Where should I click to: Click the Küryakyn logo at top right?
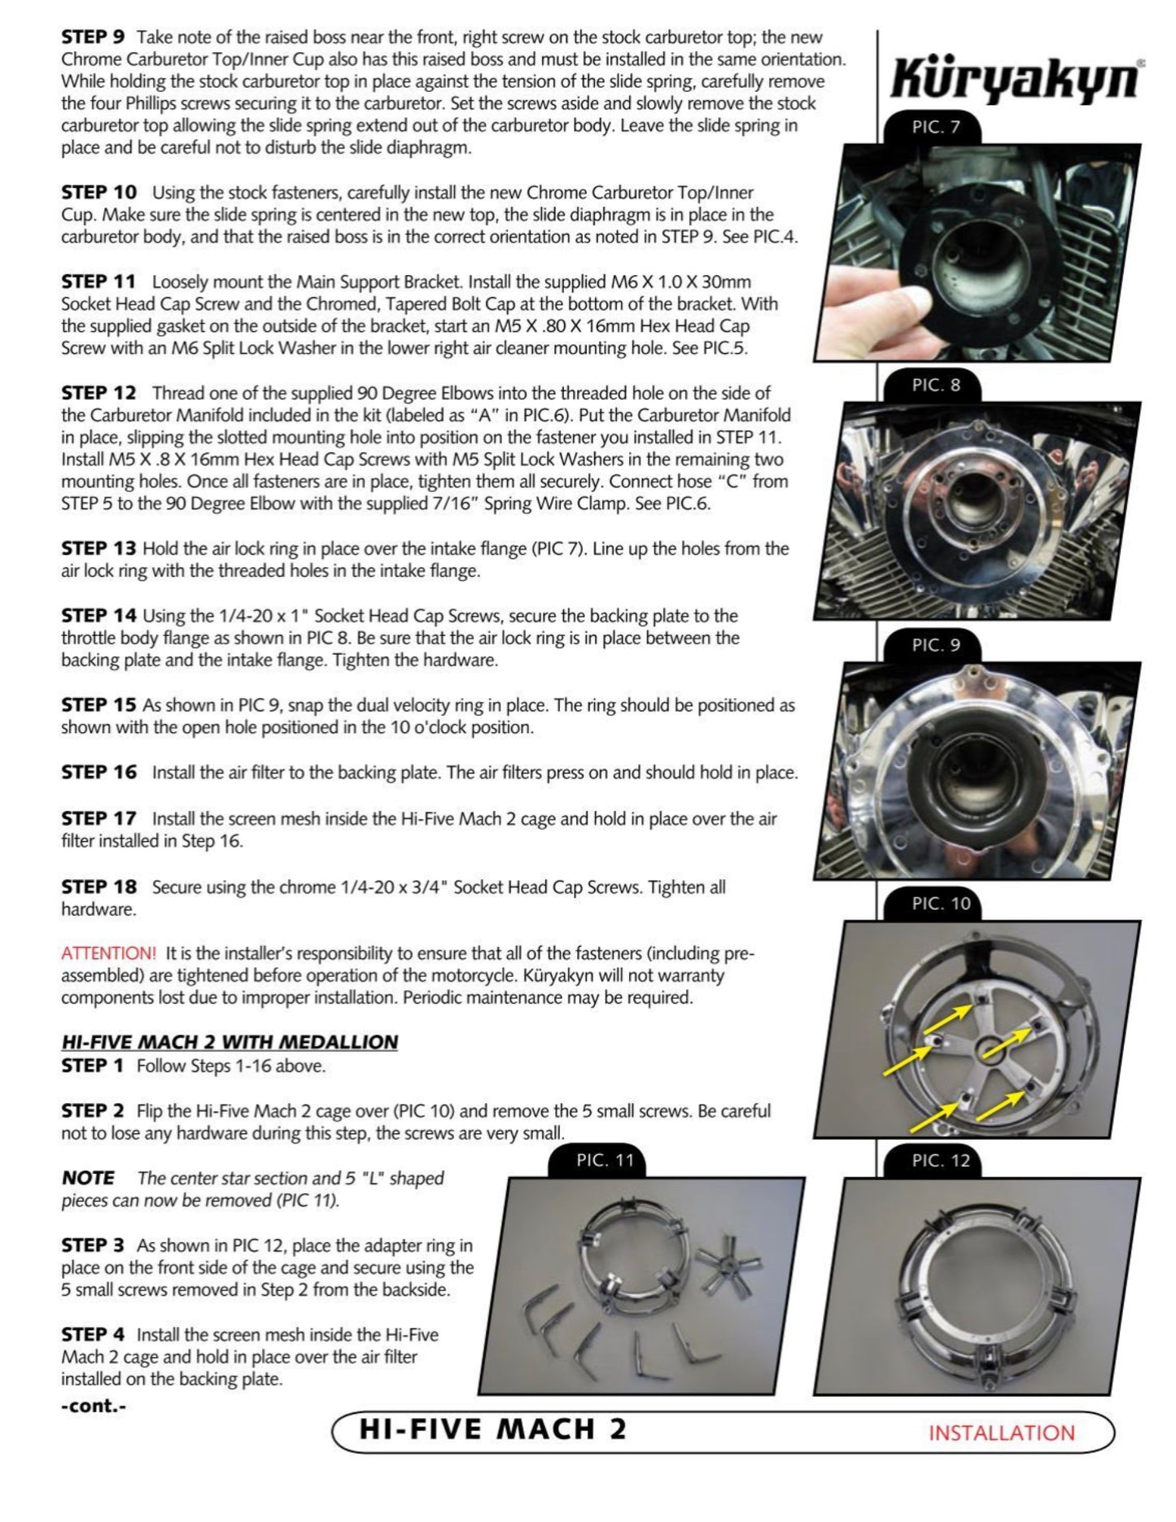pos(1016,80)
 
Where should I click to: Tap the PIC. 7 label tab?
pos(935,128)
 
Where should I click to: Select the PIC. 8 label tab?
pos(935,386)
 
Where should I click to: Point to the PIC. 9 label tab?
pos(935,645)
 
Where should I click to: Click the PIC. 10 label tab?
pos(940,904)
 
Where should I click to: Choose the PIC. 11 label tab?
pos(604,1161)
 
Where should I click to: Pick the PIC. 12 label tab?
pos(940,1161)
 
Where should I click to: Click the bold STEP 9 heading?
pos(93,37)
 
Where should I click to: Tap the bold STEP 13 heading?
pos(98,549)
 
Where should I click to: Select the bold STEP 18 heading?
pos(98,887)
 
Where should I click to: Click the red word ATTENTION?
pos(108,953)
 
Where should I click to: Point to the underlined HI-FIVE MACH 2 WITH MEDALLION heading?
pos(230,1042)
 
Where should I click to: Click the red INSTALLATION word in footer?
pos(1001,1433)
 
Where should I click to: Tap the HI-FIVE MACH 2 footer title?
pos(493,1430)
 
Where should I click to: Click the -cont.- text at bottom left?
pos(94,1406)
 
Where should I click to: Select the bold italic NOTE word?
pos(88,1178)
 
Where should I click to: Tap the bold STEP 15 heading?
pos(98,705)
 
